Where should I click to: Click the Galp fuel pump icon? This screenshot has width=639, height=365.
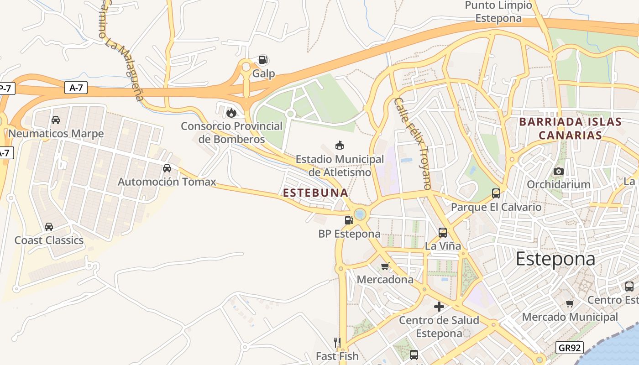pos(263,60)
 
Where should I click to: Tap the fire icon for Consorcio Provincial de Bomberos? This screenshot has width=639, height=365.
pos(231,112)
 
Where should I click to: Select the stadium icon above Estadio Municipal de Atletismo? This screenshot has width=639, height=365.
pos(339,146)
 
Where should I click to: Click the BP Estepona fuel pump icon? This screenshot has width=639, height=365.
pos(349,220)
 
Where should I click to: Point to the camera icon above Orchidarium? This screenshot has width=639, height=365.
pos(558,171)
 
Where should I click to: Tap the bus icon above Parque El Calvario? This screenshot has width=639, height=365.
pos(496,193)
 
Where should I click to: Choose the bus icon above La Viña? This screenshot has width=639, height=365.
pos(443,232)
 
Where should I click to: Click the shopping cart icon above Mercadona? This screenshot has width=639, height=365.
pos(385,266)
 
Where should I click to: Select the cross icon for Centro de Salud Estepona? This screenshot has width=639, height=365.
pos(439,307)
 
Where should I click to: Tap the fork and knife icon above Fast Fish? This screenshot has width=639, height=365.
pos(337,342)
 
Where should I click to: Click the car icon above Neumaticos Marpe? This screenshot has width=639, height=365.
pos(56,120)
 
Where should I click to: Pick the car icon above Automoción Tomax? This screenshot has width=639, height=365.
pos(167,168)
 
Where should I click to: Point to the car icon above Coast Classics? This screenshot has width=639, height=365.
pos(49,227)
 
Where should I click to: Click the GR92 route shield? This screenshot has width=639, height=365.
pos(570,348)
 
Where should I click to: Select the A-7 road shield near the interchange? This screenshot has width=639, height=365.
pos(76,88)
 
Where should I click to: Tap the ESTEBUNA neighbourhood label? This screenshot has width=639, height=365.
pos(316,193)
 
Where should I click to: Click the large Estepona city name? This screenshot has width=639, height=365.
pos(555,259)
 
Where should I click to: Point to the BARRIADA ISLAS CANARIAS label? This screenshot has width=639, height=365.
pos(571,129)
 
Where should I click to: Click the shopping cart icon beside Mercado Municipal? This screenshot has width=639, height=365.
pos(570,303)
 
